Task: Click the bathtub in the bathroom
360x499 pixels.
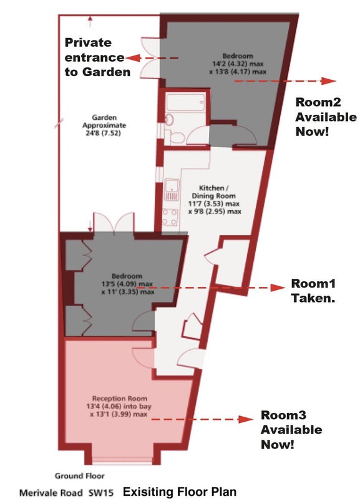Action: (x=185, y=102)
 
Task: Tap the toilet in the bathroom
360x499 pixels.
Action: (x=177, y=138)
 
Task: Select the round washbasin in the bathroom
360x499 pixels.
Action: (x=169, y=120)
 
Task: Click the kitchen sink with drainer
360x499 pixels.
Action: (x=171, y=190)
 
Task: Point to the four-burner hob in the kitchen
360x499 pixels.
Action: (x=170, y=217)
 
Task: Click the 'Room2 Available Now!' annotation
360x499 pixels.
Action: (x=326, y=117)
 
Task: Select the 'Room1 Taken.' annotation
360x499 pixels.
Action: (x=313, y=291)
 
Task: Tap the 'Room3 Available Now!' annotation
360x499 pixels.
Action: (x=291, y=429)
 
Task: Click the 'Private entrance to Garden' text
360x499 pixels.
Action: (x=97, y=57)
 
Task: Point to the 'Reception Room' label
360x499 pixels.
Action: (x=120, y=398)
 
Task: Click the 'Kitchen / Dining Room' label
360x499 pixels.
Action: (x=213, y=192)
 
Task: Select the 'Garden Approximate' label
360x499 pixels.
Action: (x=104, y=121)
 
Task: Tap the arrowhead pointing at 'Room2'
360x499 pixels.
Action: (x=328, y=81)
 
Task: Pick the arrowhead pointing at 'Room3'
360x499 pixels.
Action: (x=246, y=419)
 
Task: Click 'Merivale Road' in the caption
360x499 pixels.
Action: (x=50, y=493)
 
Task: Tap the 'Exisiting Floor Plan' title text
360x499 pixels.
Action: (x=180, y=492)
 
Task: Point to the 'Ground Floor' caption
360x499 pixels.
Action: (x=80, y=476)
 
